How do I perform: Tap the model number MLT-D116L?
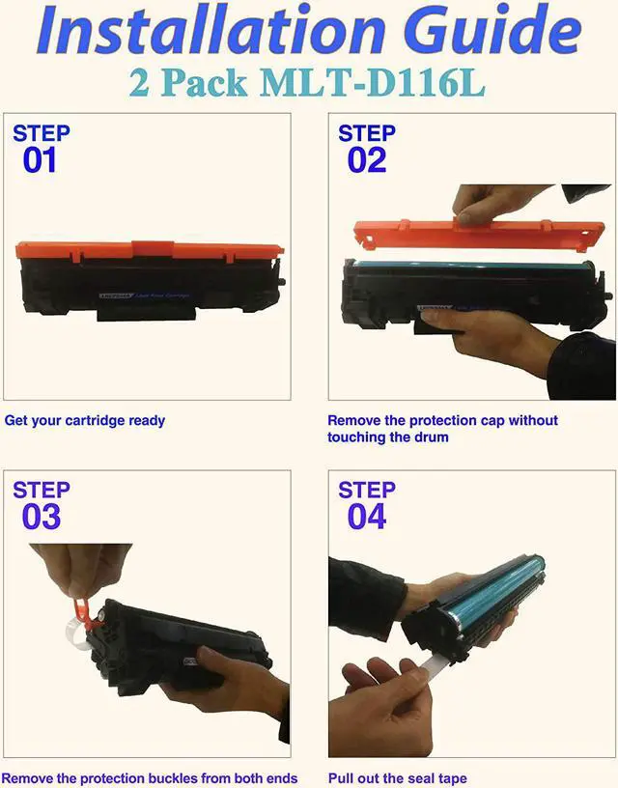[371, 82]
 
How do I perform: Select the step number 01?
[40, 159]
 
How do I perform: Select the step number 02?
[366, 159]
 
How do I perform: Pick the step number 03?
[41, 517]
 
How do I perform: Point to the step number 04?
[366, 517]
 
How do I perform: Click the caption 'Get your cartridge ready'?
[85, 421]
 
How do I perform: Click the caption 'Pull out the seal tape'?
[397, 778]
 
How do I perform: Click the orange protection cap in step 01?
[150, 251]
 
